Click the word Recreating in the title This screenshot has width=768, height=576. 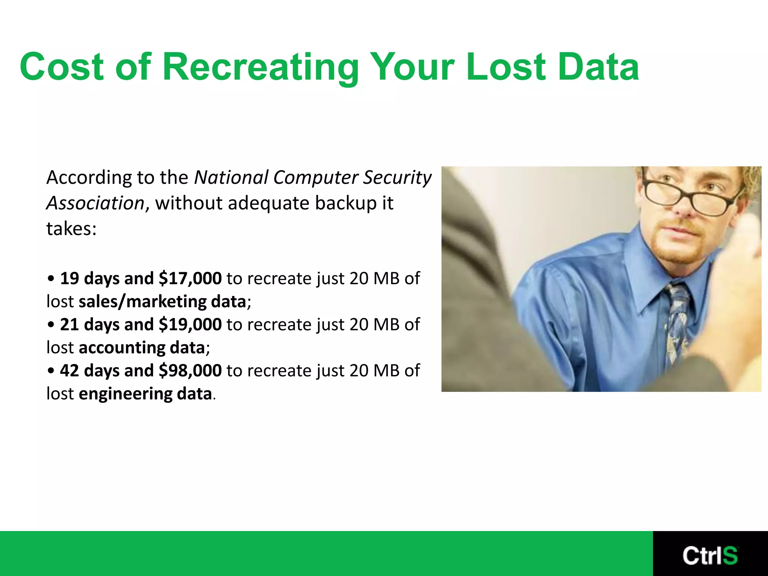tap(261, 67)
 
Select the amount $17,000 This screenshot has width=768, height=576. tap(190, 279)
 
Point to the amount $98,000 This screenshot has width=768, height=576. tap(190, 371)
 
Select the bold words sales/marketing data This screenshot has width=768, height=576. tap(162, 302)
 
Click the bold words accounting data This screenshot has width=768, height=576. tap(142, 348)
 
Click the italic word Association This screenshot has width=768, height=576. tap(95, 203)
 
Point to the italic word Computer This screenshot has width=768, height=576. tap(315, 178)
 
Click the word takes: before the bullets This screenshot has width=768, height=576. tap(71, 229)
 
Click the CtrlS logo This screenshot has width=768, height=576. tap(710, 555)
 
